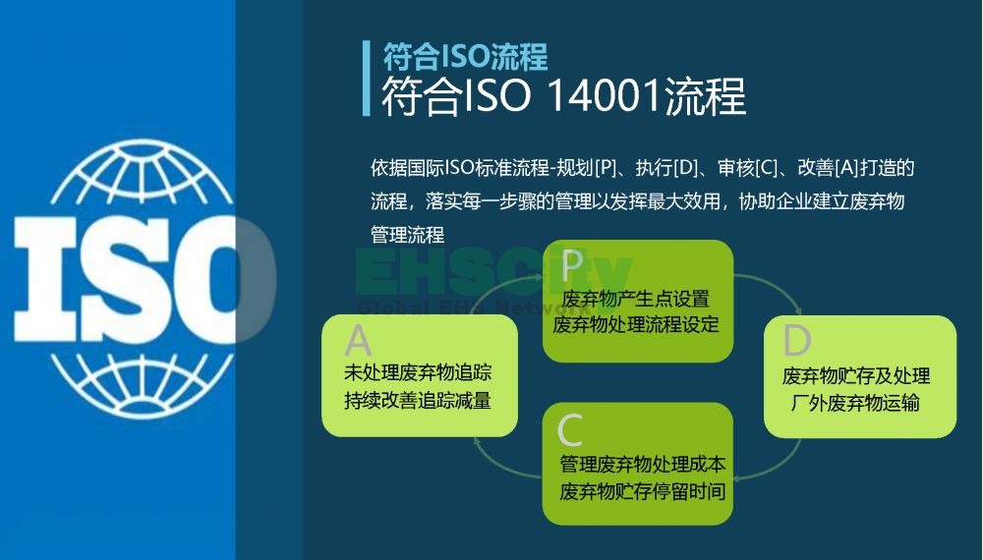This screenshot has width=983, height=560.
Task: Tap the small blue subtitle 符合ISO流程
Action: [465, 57]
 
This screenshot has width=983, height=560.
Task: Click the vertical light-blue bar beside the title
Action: [366, 79]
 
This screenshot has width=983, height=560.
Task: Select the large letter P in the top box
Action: [571, 265]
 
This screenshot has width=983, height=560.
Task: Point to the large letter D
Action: [797, 340]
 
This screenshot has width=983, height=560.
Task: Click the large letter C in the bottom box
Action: [570, 429]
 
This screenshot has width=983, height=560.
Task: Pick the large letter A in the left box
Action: [358, 341]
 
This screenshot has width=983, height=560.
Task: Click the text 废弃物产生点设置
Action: [636, 299]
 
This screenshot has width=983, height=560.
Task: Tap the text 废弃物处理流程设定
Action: [636, 324]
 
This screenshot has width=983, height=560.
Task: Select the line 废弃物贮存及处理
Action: [856, 376]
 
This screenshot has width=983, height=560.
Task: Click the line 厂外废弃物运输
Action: [855, 403]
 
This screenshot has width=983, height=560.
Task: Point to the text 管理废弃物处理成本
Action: [643, 464]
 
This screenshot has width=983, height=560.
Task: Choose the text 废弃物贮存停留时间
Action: [643, 492]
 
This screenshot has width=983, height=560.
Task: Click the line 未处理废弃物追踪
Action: [418, 372]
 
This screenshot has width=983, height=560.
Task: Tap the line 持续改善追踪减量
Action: [418, 400]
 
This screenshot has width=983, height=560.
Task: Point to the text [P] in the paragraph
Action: [606, 168]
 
